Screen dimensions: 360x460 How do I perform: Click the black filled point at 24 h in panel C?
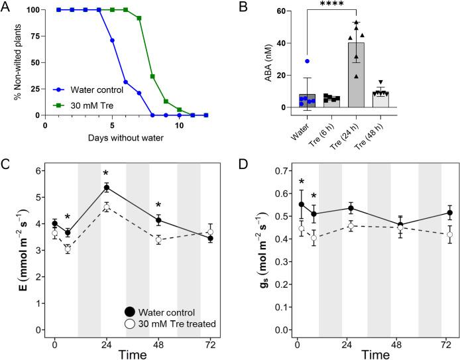coord(106,188)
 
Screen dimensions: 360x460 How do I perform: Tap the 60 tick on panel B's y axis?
coord(279,12)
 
